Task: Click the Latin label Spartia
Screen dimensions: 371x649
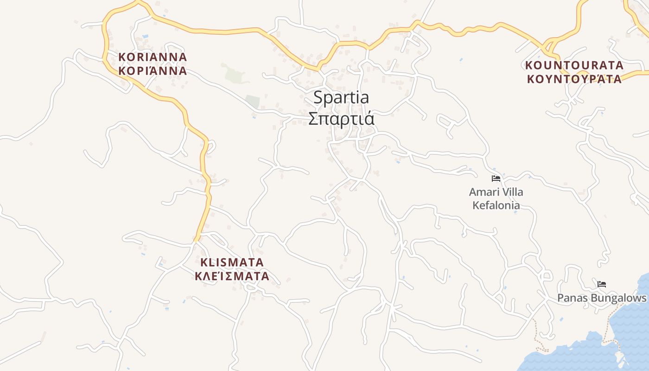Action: coord(341,98)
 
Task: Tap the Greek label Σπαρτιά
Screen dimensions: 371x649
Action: coord(341,119)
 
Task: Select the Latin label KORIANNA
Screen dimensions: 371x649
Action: coord(153,57)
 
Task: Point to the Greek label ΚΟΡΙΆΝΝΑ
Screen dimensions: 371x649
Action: coord(153,71)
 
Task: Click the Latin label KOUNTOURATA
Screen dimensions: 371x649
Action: coord(574,65)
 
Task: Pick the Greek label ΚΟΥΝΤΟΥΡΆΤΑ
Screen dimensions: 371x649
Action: coord(574,79)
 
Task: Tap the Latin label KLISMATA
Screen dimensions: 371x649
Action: coord(232,262)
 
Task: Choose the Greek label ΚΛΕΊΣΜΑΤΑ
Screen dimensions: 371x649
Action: coord(232,276)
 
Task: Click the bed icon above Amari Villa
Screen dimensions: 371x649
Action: coord(496,179)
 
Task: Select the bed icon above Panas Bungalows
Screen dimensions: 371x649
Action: coord(602,284)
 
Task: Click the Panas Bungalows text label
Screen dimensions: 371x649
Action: coord(601,298)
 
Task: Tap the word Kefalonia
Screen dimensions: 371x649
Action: coord(496,205)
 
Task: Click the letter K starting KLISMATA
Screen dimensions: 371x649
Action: coord(204,262)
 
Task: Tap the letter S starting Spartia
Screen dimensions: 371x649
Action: coord(318,98)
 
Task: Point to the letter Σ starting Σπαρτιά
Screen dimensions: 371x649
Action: coord(313,119)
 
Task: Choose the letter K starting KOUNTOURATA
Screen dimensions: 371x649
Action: coord(529,65)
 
